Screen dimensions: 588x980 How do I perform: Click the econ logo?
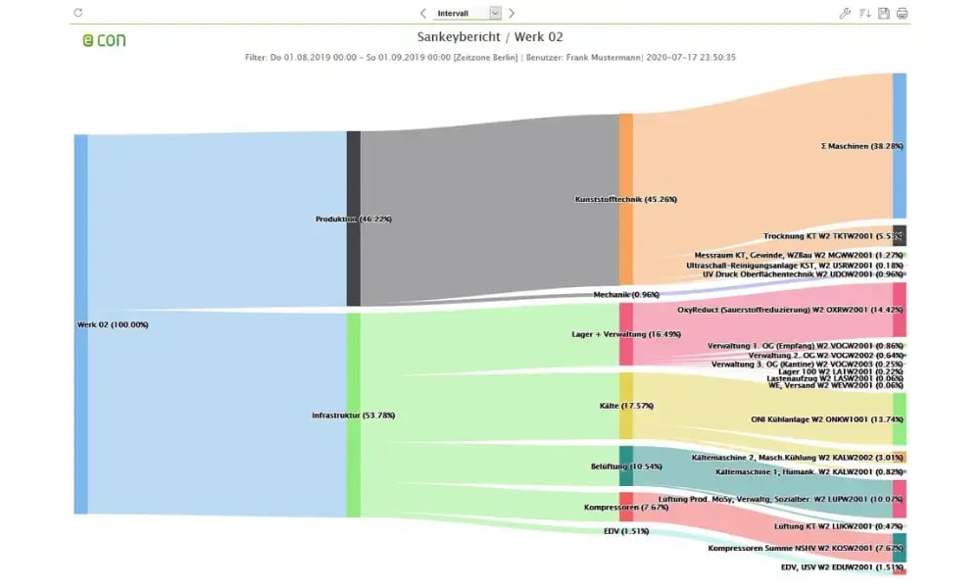(x=104, y=40)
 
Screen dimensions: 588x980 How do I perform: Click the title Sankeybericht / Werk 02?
(x=490, y=37)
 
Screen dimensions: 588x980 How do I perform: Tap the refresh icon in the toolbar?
(x=78, y=13)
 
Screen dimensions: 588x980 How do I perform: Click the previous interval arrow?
(x=423, y=13)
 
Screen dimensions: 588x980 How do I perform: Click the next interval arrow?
(x=512, y=13)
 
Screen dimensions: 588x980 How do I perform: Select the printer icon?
(x=902, y=13)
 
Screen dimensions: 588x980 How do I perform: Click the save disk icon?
(x=883, y=13)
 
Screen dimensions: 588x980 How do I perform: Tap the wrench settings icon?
(x=846, y=13)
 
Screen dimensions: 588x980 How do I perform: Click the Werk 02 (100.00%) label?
(x=113, y=324)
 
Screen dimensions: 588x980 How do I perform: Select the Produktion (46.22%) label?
(x=354, y=219)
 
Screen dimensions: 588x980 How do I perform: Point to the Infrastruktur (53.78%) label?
(x=353, y=416)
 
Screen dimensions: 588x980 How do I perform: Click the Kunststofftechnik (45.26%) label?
(x=625, y=199)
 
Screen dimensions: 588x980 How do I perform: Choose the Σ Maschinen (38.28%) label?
(x=861, y=146)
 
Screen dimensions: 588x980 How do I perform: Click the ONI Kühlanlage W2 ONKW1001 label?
(x=826, y=418)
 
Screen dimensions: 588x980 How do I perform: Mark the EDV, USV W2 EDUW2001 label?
(x=842, y=566)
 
